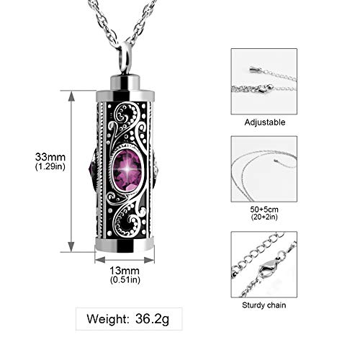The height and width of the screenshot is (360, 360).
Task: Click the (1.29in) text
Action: tap(37, 167)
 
